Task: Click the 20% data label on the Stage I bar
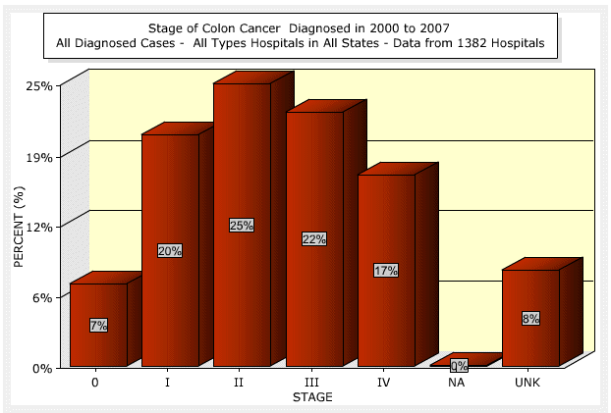169,251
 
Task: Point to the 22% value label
314,239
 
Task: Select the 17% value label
386,271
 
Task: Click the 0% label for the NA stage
459,366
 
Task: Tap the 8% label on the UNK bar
530,319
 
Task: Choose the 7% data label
97,325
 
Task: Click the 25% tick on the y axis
40,85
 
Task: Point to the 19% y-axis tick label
40,156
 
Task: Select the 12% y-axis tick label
40,227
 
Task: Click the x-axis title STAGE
312,397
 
